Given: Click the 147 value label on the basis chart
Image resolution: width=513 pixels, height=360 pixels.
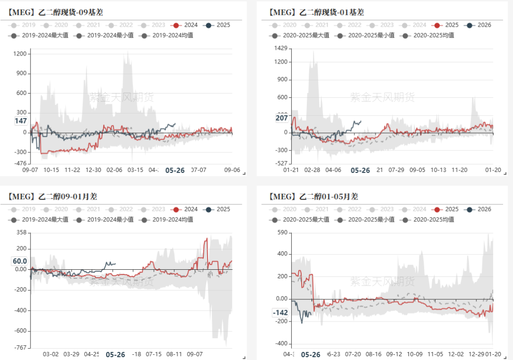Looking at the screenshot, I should coord(20,121).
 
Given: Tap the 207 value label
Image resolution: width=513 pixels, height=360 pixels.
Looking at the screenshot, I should coord(282,118).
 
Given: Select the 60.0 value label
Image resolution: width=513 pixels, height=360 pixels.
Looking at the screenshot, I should coord(19,261).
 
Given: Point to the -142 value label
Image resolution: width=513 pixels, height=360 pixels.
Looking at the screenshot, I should coord(280,313).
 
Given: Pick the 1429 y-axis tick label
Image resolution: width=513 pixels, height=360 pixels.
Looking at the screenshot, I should coord(281,48).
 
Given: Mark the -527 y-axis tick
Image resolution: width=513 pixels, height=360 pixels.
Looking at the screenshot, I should coord(282,163).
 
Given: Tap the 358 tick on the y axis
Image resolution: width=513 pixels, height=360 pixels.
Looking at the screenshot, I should coord(21,233).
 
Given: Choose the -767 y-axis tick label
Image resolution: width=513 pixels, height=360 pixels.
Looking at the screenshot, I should coord(20,348).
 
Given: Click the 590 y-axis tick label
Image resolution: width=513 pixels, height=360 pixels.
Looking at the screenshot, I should coord(282,232).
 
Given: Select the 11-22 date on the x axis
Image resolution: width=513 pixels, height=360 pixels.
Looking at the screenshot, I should coord(72,170).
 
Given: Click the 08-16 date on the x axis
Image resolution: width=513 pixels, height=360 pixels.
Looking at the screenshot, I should coord(374,354).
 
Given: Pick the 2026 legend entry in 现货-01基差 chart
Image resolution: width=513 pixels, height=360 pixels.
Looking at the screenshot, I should coord(479,25).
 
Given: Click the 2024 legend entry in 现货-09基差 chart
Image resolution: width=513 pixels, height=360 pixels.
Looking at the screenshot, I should coord(186,25).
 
